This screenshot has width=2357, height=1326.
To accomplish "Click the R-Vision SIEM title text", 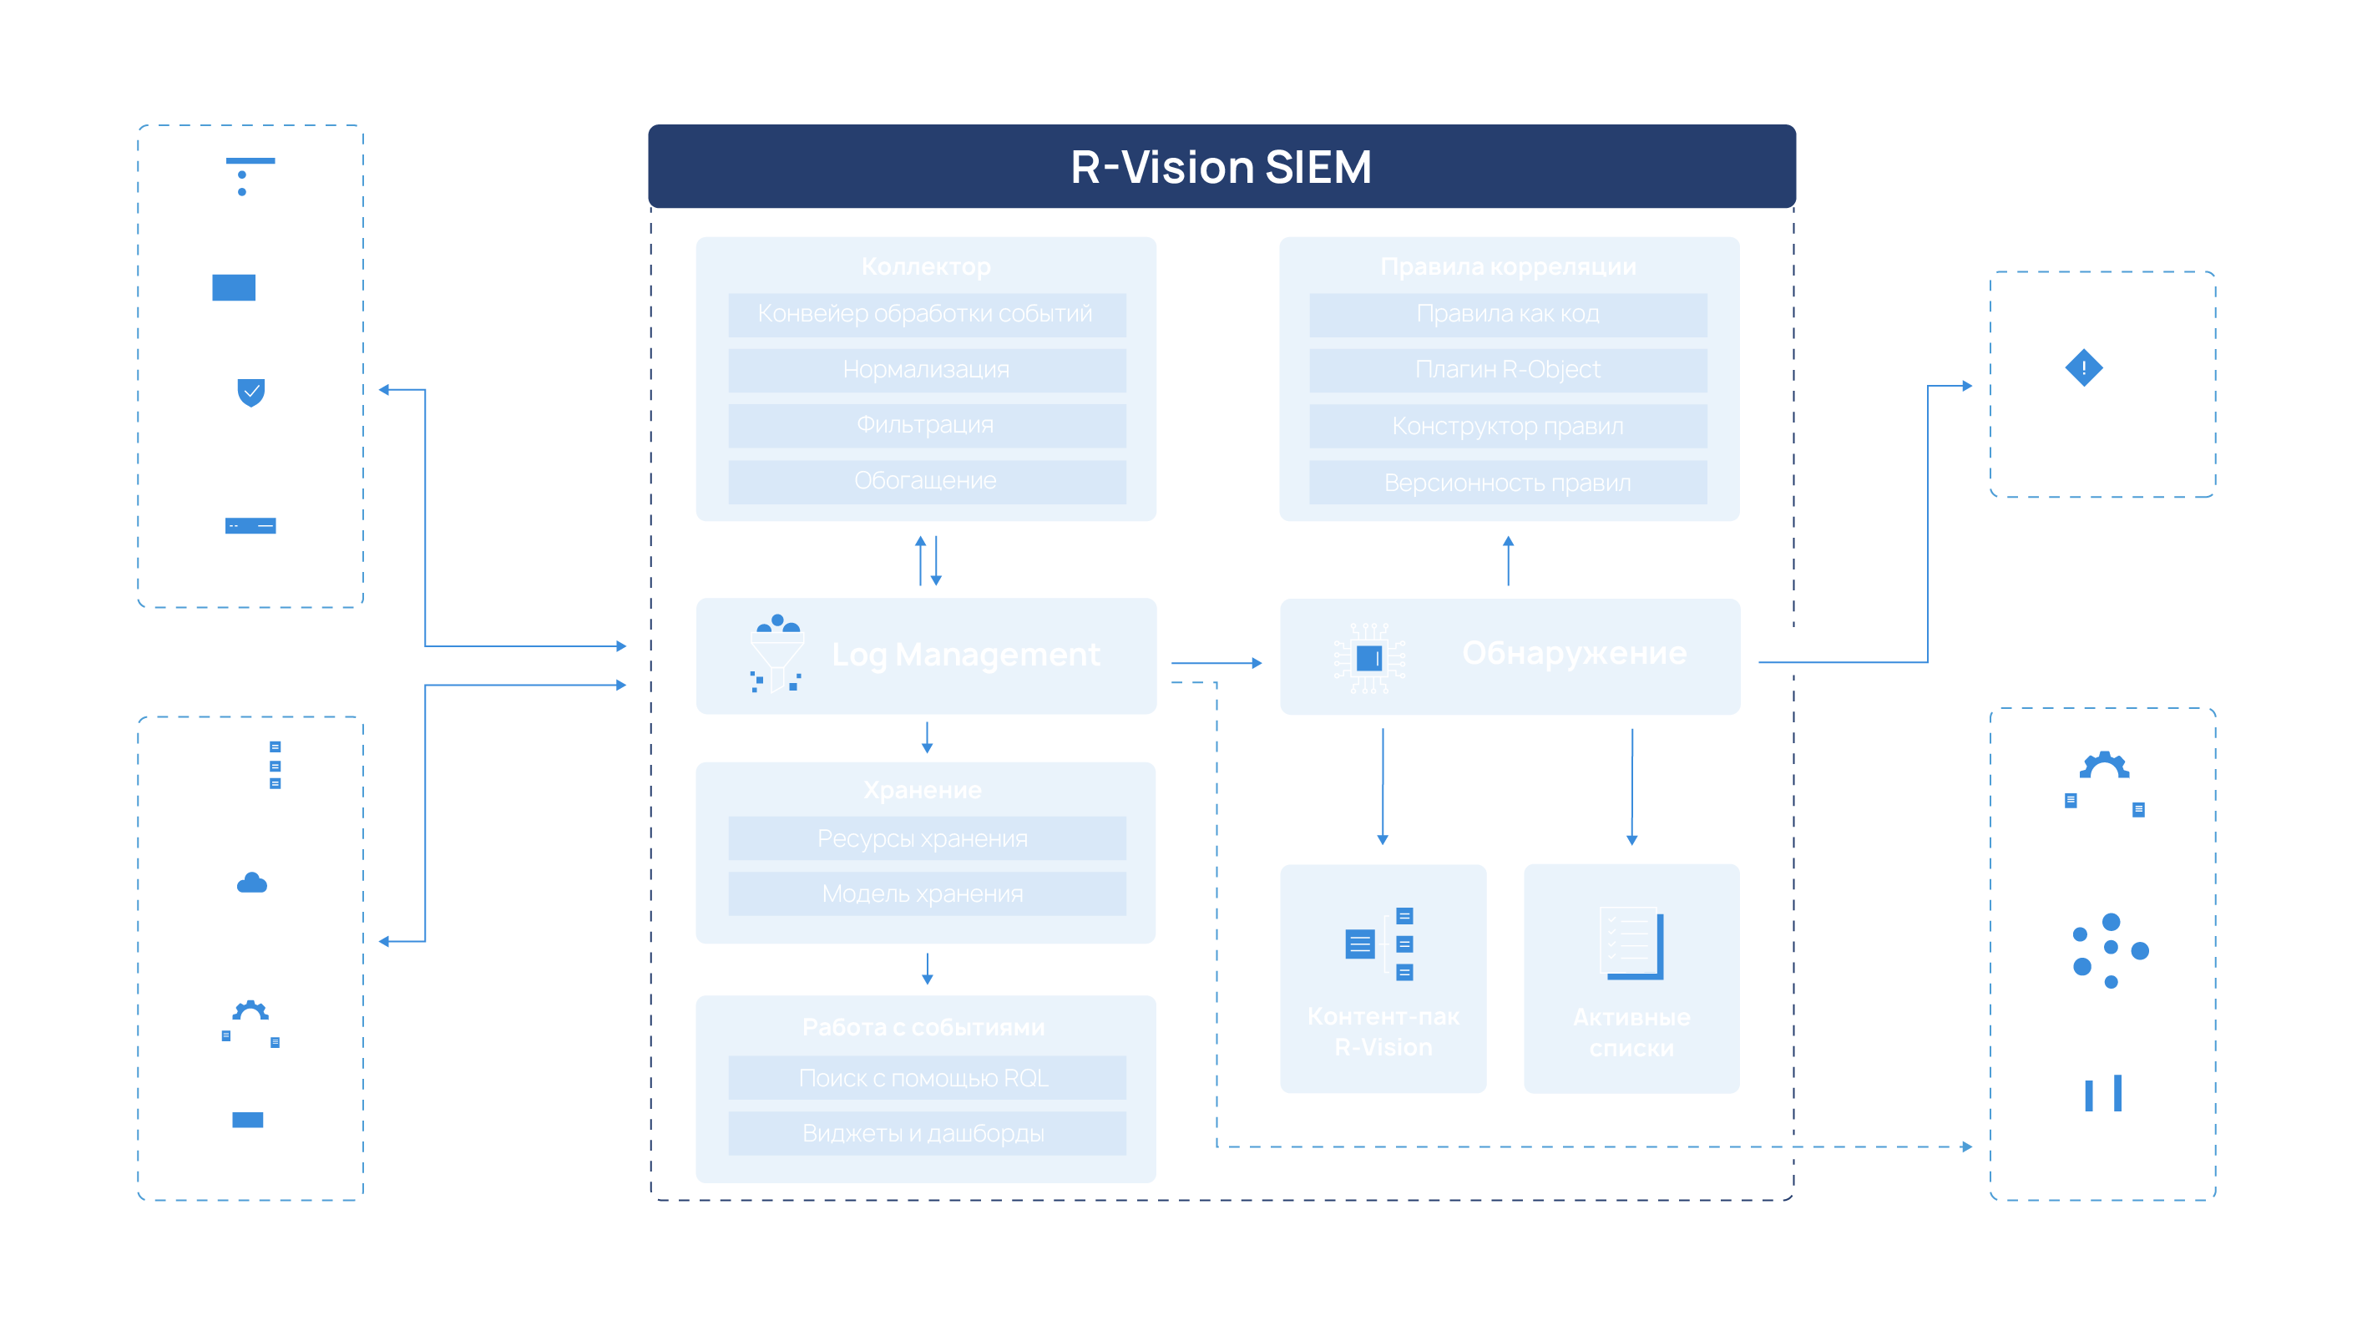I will click(x=1221, y=168).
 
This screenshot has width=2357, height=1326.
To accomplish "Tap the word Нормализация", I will click(x=925, y=370).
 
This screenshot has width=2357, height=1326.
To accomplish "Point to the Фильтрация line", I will click(x=924, y=425).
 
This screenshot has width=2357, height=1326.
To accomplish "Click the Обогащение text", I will click(x=924, y=480).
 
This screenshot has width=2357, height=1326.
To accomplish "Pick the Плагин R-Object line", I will click(x=1507, y=370).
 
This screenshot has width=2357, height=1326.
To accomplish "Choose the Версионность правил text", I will click(x=1507, y=483).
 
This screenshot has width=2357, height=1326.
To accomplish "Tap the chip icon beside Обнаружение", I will click(x=1368, y=657).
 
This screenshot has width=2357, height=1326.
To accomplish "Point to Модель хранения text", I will click(x=923, y=893).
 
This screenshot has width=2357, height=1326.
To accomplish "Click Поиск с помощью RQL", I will click(x=923, y=1078).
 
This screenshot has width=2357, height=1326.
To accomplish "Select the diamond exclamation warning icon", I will click(x=2083, y=368).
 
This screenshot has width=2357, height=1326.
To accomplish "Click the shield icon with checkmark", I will click(x=250, y=392).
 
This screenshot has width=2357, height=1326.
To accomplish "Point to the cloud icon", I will click(x=251, y=882).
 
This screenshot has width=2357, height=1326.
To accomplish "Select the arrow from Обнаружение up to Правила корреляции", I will click(x=1508, y=560).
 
